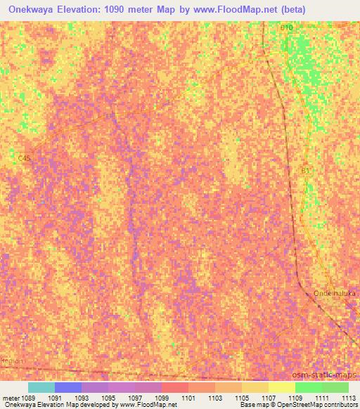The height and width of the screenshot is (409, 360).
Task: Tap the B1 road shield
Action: point(305,169)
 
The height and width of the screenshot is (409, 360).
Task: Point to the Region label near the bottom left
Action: point(12,361)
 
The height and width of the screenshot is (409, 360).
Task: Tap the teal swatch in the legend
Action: point(41,387)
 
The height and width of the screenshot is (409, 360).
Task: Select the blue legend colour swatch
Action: point(68,387)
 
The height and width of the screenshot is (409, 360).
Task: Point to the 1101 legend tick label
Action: point(188,397)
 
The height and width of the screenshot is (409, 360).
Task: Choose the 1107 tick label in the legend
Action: point(268,397)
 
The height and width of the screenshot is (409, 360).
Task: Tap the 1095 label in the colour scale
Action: point(108,397)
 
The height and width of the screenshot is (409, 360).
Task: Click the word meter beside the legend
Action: point(8,397)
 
